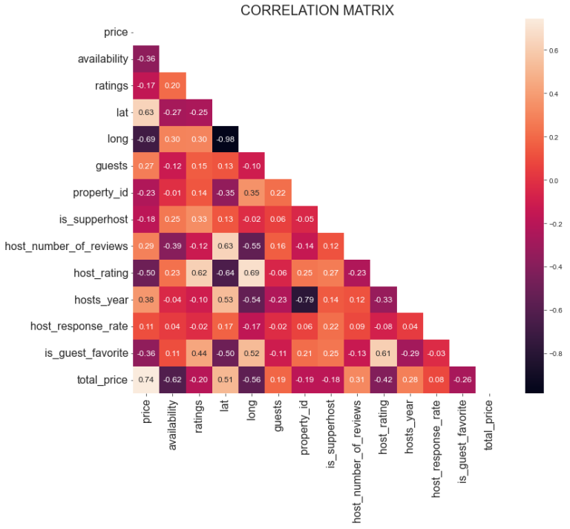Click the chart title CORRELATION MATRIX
pos(317,10)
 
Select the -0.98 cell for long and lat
pos(225,139)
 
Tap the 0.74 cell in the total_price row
pos(145,379)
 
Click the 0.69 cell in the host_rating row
pos(252,272)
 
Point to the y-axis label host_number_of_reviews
pos(66,246)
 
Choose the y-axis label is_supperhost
pos(88,219)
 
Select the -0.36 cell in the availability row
pos(145,59)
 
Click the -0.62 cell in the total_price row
pos(172,379)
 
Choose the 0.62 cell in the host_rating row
pos(198,272)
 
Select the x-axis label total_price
pos(489,427)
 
